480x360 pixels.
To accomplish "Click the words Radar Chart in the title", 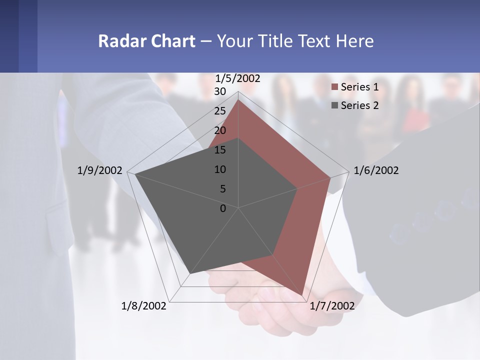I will point(146,41).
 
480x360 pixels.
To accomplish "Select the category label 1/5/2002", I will point(238,78).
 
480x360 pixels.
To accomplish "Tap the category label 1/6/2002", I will point(376,170).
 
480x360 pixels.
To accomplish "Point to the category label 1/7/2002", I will point(332,306).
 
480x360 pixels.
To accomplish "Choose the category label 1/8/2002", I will point(144,306).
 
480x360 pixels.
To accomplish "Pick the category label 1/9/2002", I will point(100,170).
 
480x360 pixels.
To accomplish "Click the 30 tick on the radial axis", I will point(220,91).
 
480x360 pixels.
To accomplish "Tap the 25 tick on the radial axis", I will point(220,111).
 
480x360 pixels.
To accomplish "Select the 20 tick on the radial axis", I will point(220,130).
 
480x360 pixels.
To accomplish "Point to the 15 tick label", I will point(220,150).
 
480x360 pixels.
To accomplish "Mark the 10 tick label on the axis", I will point(220,169).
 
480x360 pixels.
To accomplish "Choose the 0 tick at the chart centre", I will point(223,208).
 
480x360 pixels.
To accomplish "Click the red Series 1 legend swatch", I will point(335,87).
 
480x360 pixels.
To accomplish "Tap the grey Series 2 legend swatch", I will point(335,105).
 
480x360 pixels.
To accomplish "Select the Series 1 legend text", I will point(359,87).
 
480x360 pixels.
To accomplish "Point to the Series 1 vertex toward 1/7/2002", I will point(304,296).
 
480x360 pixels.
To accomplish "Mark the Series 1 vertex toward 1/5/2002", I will point(238,100).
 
